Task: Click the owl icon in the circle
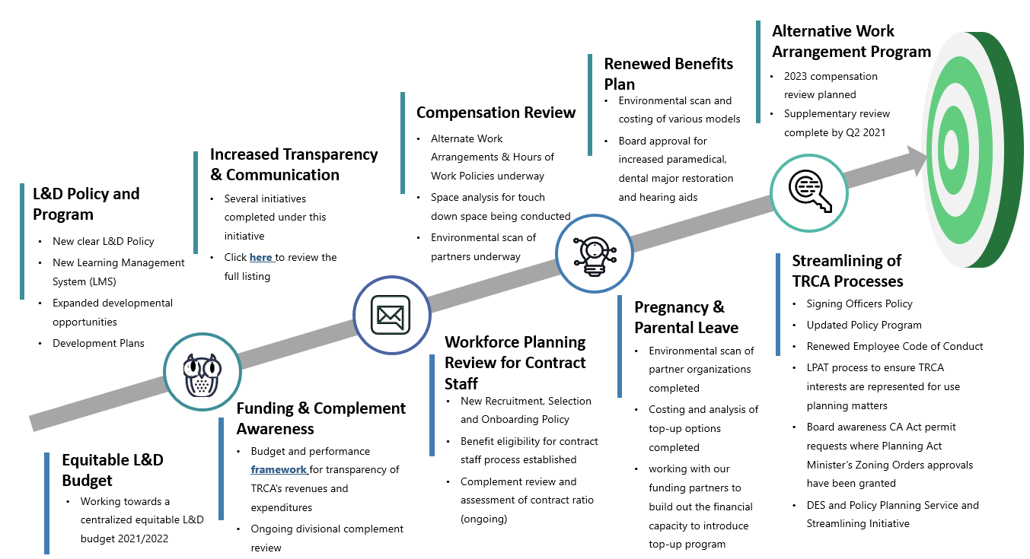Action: [202, 374]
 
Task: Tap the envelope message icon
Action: [391, 315]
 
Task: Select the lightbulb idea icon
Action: [595, 256]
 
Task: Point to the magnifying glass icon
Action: [810, 191]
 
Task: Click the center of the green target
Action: [951, 149]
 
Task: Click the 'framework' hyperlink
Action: [278, 469]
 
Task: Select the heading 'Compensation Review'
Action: [496, 113]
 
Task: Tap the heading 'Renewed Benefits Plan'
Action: [668, 74]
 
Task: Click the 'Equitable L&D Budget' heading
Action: [113, 470]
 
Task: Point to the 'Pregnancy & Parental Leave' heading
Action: [686, 317]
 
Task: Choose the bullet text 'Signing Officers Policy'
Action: [859, 303]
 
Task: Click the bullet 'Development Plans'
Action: [98, 343]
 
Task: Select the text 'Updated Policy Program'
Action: [864, 325]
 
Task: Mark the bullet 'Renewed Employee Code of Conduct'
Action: [894, 346]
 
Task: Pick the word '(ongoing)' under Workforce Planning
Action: [483, 519]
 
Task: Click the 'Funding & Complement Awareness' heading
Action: [321, 418]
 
